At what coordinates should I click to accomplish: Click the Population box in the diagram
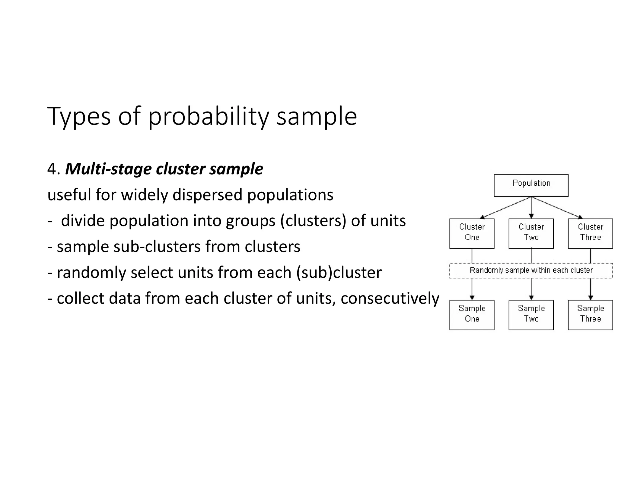point(531,185)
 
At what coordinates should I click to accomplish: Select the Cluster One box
point(472,233)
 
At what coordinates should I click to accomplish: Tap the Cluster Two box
point(531,233)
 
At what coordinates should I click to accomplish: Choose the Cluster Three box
point(590,233)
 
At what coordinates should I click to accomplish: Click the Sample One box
point(472,315)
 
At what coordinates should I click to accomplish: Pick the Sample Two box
point(531,315)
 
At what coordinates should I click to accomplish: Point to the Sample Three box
point(590,315)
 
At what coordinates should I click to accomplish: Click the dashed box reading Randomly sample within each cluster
point(531,270)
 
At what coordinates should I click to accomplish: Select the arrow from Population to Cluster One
point(505,207)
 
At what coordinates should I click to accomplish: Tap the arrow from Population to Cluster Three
point(557,207)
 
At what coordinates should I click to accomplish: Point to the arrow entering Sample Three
point(591,289)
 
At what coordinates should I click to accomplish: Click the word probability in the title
point(208,117)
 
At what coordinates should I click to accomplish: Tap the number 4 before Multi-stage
point(52,169)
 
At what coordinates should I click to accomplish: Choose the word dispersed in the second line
point(207,195)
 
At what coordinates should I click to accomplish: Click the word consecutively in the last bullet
point(390,299)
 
